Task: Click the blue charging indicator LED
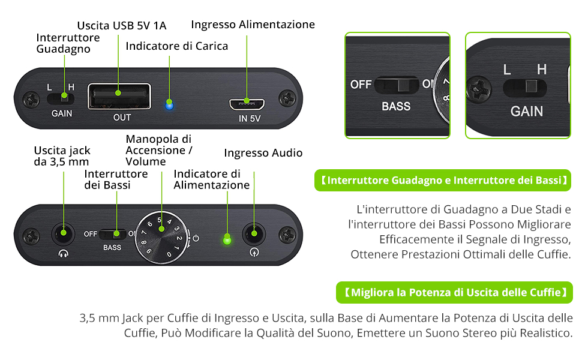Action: pyautogui.click(x=170, y=104)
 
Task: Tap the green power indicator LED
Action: pyautogui.click(x=227, y=241)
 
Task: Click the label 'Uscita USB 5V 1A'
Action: pyautogui.click(x=122, y=25)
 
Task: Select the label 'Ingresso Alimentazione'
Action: pyautogui.click(x=253, y=25)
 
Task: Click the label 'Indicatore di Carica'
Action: pyautogui.click(x=177, y=46)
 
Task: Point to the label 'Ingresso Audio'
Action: pyautogui.click(x=263, y=153)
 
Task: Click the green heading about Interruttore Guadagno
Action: pyautogui.click(x=443, y=180)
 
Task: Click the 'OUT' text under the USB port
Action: pyautogui.click(x=122, y=118)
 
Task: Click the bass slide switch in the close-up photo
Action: pyautogui.click(x=397, y=85)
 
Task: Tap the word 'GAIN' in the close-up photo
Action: pyautogui.click(x=526, y=111)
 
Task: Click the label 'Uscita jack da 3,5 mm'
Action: pyautogui.click(x=61, y=155)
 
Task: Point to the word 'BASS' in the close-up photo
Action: pyautogui.click(x=396, y=107)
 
